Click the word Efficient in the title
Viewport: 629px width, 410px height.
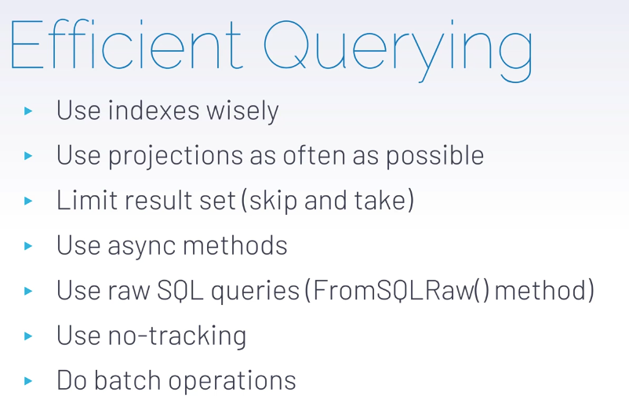[x=125, y=44]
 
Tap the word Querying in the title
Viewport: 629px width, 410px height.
[x=398, y=50]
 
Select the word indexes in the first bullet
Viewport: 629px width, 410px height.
[x=154, y=111]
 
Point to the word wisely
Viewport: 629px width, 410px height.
[x=242, y=111]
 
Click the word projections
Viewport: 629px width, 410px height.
[x=176, y=156]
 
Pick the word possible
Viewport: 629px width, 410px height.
[x=434, y=155]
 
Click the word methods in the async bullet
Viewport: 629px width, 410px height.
[x=235, y=245]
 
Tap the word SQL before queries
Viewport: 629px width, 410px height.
[x=180, y=290]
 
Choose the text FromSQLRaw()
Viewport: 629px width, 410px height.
[x=401, y=290]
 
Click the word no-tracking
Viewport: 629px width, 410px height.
[x=177, y=336]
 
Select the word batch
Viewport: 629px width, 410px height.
[x=127, y=380]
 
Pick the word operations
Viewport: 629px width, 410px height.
[x=232, y=382]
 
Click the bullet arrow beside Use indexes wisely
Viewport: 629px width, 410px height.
[x=28, y=111]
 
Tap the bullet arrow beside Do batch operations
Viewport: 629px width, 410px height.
[x=28, y=381]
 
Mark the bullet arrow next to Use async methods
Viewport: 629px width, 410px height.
[x=28, y=245]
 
